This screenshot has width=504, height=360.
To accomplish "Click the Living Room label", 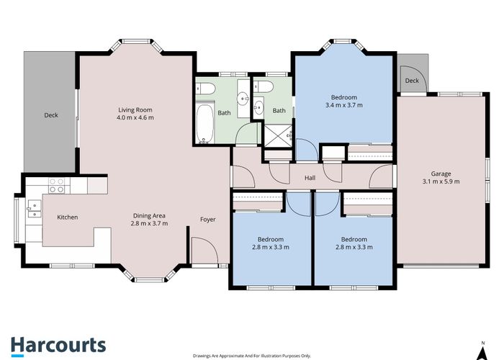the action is click(x=135, y=110).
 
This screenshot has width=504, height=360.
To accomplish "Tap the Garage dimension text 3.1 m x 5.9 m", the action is click(x=441, y=181).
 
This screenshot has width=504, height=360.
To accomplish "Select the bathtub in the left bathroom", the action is click(x=204, y=123).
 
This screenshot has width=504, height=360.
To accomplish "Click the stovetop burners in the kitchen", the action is click(x=57, y=186).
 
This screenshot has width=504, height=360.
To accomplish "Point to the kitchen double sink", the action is click(x=34, y=210).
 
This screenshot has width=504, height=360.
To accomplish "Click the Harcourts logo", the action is click(x=58, y=346).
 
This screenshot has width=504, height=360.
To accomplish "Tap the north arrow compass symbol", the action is click(x=483, y=351).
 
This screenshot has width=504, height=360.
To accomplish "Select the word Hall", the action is click(x=310, y=178).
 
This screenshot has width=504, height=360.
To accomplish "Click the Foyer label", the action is click(x=207, y=220).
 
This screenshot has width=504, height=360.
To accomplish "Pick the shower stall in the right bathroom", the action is click(x=279, y=136).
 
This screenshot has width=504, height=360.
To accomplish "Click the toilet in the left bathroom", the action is click(x=206, y=89).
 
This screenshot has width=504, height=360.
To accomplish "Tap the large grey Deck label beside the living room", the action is click(x=51, y=115).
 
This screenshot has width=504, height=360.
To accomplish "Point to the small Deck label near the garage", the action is click(x=412, y=81).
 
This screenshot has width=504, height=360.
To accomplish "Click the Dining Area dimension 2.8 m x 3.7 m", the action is click(x=149, y=223).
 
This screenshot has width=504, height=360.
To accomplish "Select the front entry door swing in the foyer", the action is click(x=204, y=251).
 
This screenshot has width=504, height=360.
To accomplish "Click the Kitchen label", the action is click(x=68, y=217).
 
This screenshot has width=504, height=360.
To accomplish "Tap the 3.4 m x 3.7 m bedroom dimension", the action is click(x=344, y=105).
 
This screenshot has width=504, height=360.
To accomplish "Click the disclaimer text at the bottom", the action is click(x=252, y=356).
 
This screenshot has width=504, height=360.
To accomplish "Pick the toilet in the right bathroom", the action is click(x=264, y=86).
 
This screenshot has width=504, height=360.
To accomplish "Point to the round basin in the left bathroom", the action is click(x=243, y=97).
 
